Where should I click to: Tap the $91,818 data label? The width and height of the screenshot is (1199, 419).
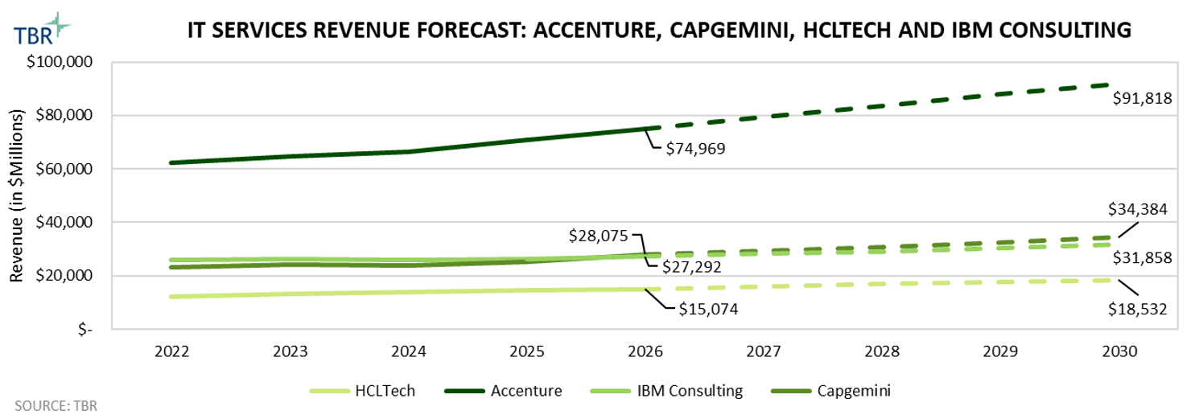click(1142, 99)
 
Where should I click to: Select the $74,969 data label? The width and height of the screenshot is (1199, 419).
click(698, 149)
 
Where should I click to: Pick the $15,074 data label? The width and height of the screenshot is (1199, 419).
click(709, 307)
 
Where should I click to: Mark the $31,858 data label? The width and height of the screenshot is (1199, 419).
click(1142, 258)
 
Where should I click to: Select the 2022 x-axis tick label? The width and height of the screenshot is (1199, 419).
click(171, 352)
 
